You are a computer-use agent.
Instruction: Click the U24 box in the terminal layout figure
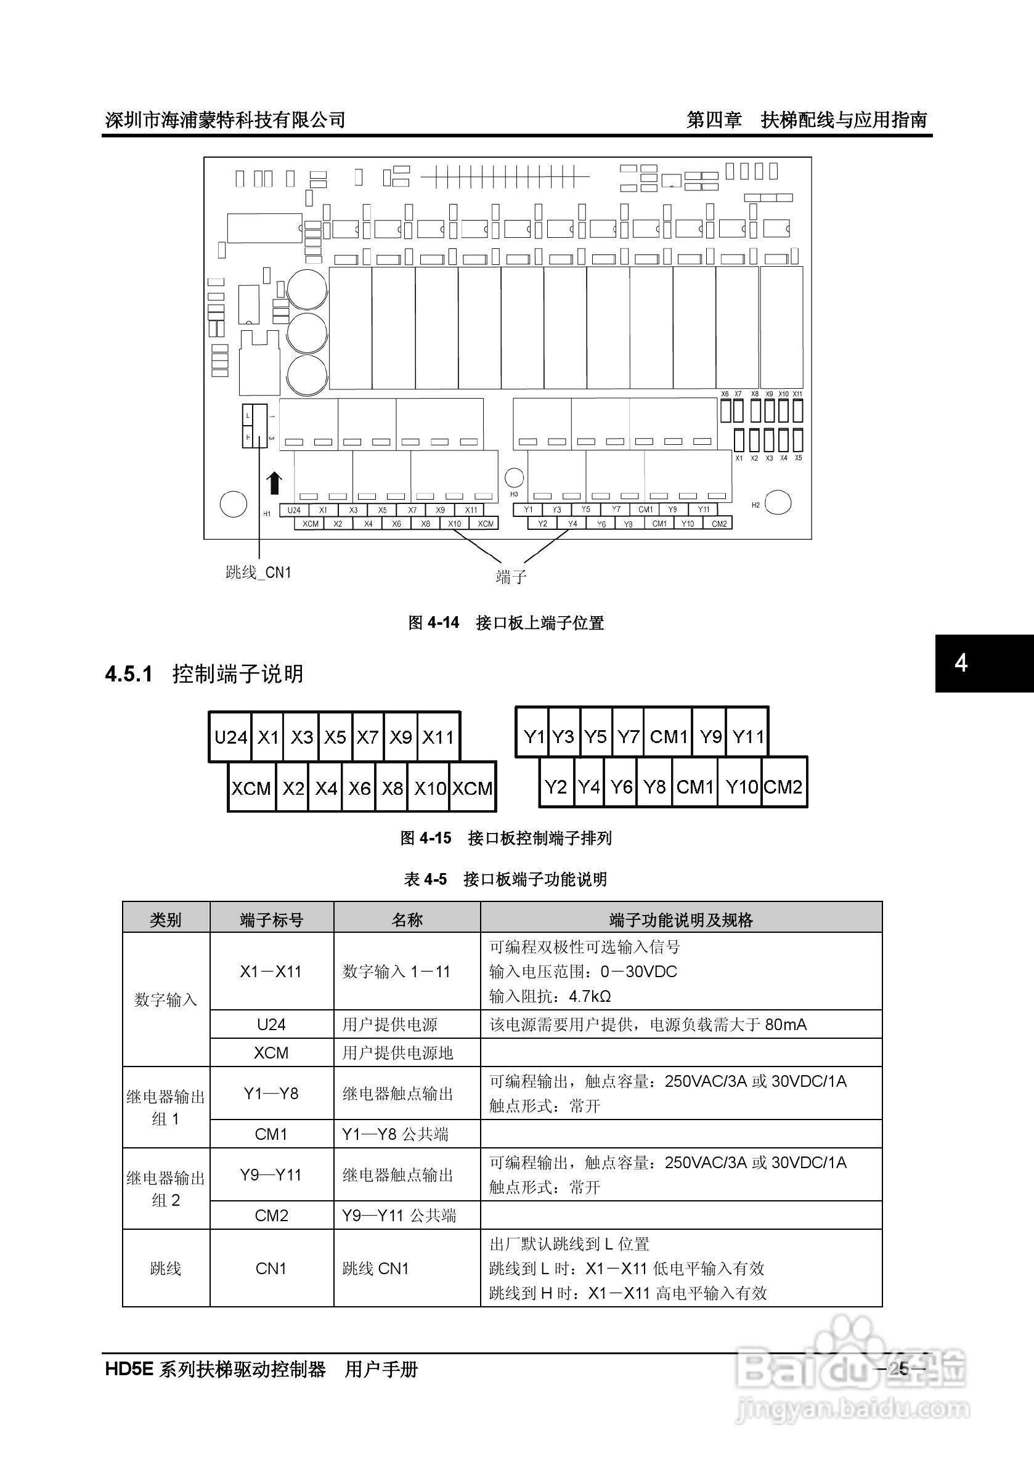tap(230, 738)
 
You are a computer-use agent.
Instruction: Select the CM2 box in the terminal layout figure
tap(783, 787)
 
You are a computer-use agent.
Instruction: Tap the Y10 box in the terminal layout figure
tap(741, 787)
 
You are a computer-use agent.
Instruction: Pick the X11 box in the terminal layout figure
tap(438, 738)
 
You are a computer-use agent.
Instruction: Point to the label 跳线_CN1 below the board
tap(258, 572)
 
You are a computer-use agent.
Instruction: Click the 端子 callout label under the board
tap(511, 577)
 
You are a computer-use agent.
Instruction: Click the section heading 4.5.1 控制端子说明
tap(205, 674)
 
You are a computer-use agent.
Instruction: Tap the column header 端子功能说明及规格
tap(680, 920)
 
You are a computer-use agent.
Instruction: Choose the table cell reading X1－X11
tap(271, 972)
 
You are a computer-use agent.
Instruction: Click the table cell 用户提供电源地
tap(397, 1053)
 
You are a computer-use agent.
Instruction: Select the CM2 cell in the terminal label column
tap(272, 1215)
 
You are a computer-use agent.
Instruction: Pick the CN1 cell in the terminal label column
tap(271, 1268)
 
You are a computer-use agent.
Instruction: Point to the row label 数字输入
tap(166, 1000)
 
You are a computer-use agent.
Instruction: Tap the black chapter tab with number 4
tap(984, 663)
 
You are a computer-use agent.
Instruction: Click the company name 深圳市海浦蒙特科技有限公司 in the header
tap(226, 120)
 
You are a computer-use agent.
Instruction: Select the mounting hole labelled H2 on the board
tap(778, 502)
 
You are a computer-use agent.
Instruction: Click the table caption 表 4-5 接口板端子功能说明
tap(505, 879)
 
